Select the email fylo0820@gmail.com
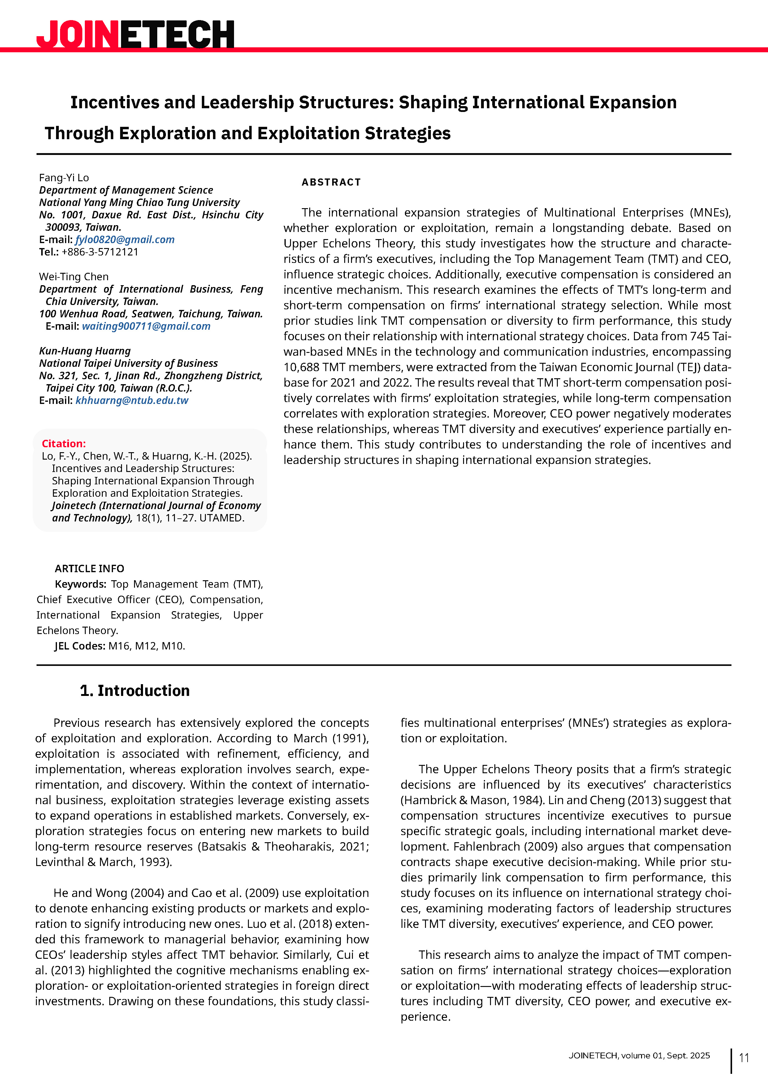[125, 240]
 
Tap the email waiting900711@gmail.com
[146, 326]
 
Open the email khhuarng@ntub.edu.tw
[132, 400]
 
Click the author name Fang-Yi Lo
[64, 178]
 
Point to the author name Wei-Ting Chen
[74, 277]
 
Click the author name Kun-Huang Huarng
[85, 351]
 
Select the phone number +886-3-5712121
[100, 252]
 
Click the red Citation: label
[64, 443]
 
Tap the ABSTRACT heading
[331, 182]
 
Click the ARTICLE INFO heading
[89, 568]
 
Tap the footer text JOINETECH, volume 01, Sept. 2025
[639, 1056]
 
